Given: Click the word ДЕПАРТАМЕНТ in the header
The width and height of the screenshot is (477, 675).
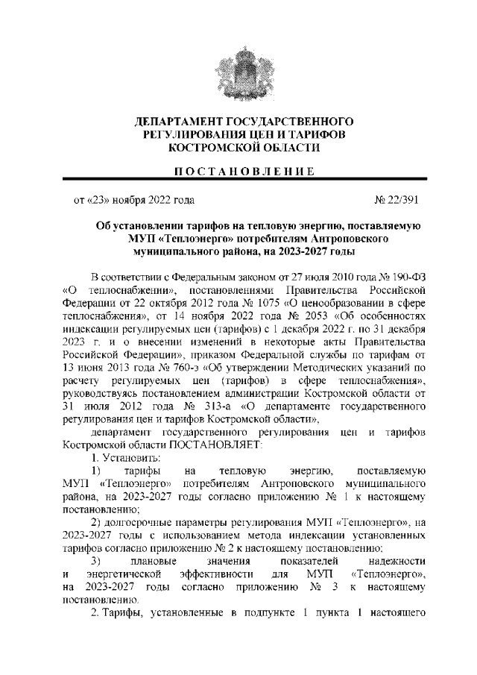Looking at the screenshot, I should (x=174, y=121).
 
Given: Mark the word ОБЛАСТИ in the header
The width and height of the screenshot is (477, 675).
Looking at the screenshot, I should (x=286, y=148).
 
